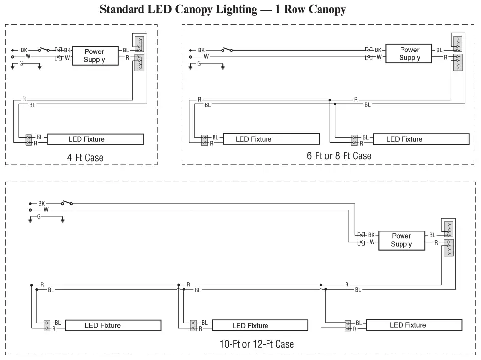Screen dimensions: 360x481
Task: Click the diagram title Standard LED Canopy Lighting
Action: pos(222,9)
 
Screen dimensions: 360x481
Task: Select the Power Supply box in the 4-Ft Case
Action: pos(94,55)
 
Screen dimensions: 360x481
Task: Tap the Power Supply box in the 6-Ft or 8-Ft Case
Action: pos(409,53)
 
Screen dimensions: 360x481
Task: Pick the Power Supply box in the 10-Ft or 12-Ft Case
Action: pos(401,240)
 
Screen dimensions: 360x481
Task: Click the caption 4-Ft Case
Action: pos(85,158)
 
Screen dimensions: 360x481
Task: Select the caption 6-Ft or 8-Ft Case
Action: pos(339,156)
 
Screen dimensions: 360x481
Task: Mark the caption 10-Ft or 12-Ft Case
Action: pos(256,344)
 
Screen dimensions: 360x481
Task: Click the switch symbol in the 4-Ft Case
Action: pos(45,50)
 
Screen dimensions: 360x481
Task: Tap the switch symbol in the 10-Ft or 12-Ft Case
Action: pos(67,202)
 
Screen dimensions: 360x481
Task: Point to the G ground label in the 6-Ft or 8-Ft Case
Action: pos(199,64)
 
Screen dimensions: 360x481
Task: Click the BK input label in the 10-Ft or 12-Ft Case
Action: pos(41,203)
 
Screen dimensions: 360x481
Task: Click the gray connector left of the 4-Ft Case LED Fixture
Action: pos(29,140)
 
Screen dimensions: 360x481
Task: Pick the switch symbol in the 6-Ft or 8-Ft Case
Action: pos(226,50)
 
